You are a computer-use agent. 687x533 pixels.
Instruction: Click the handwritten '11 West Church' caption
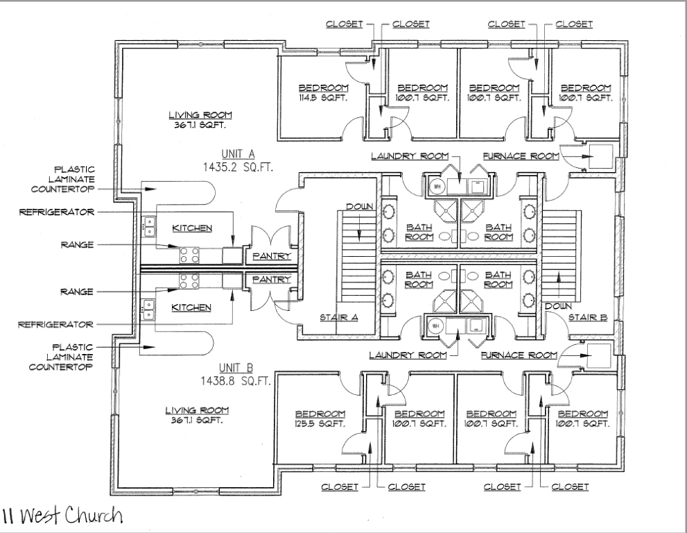pyautogui.click(x=62, y=516)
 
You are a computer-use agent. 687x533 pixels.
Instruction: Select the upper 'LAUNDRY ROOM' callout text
pyautogui.click(x=409, y=155)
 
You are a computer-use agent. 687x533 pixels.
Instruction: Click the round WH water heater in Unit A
pyautogui.click(x=437, y=186)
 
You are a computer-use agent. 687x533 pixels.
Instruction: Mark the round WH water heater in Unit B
pyautogui.click(x=437, y=325)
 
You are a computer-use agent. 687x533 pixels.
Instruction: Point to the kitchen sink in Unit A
pyautogui.click(x=149, y=224)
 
